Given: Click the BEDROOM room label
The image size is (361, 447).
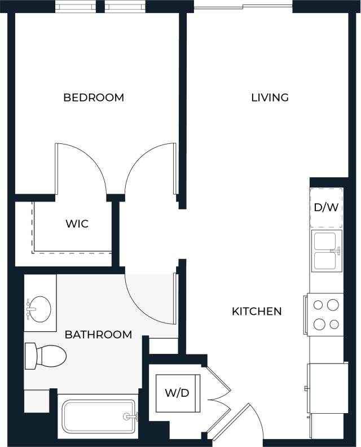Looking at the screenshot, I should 94,98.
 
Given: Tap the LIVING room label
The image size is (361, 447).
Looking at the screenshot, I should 270,98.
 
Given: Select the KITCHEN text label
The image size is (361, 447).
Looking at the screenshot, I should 257,311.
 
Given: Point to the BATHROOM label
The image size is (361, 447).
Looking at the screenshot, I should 98,335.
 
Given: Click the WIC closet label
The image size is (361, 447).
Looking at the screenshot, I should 77,224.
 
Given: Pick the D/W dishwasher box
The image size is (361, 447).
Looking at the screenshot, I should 326,207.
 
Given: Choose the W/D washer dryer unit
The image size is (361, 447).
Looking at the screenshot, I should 177,393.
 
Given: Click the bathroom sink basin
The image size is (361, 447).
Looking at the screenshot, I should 38,309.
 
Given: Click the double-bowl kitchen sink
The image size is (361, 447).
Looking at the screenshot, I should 327,251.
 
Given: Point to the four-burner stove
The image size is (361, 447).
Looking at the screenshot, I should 325,314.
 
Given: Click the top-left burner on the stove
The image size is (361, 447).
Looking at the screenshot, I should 318,305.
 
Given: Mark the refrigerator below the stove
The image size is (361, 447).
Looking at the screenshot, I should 326,388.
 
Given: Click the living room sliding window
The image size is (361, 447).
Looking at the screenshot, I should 243,7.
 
